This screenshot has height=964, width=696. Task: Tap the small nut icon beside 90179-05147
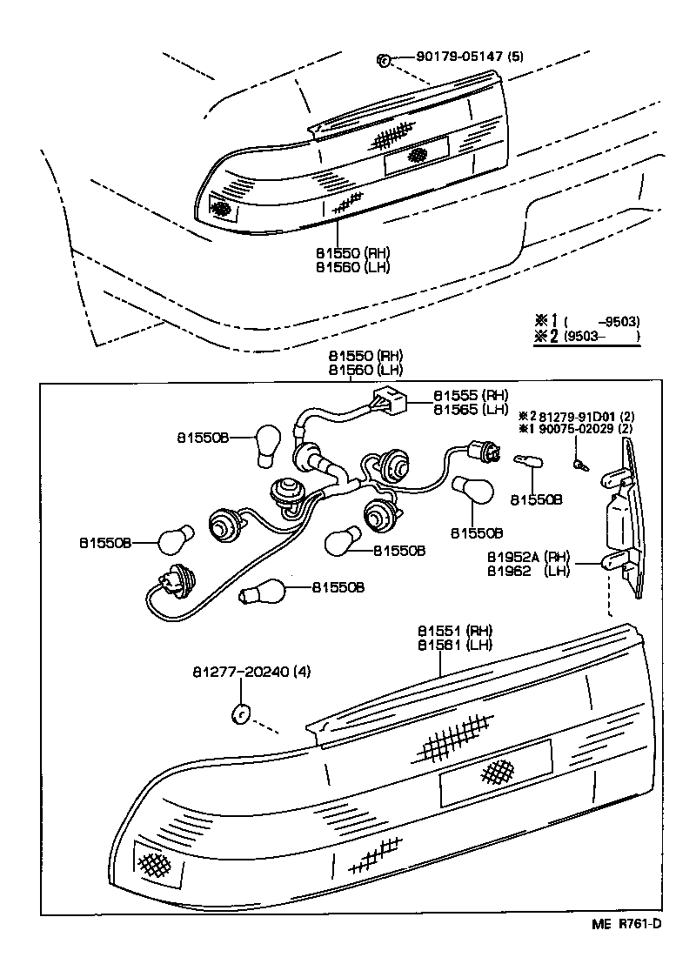tap(382, 59)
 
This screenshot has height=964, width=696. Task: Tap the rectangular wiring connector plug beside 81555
tap(389, 400)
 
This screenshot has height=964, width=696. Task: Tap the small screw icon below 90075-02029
tap(580, 464)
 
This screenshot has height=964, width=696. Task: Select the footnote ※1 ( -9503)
tap(586, 319)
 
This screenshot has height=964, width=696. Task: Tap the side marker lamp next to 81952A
tap(625, 519)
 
